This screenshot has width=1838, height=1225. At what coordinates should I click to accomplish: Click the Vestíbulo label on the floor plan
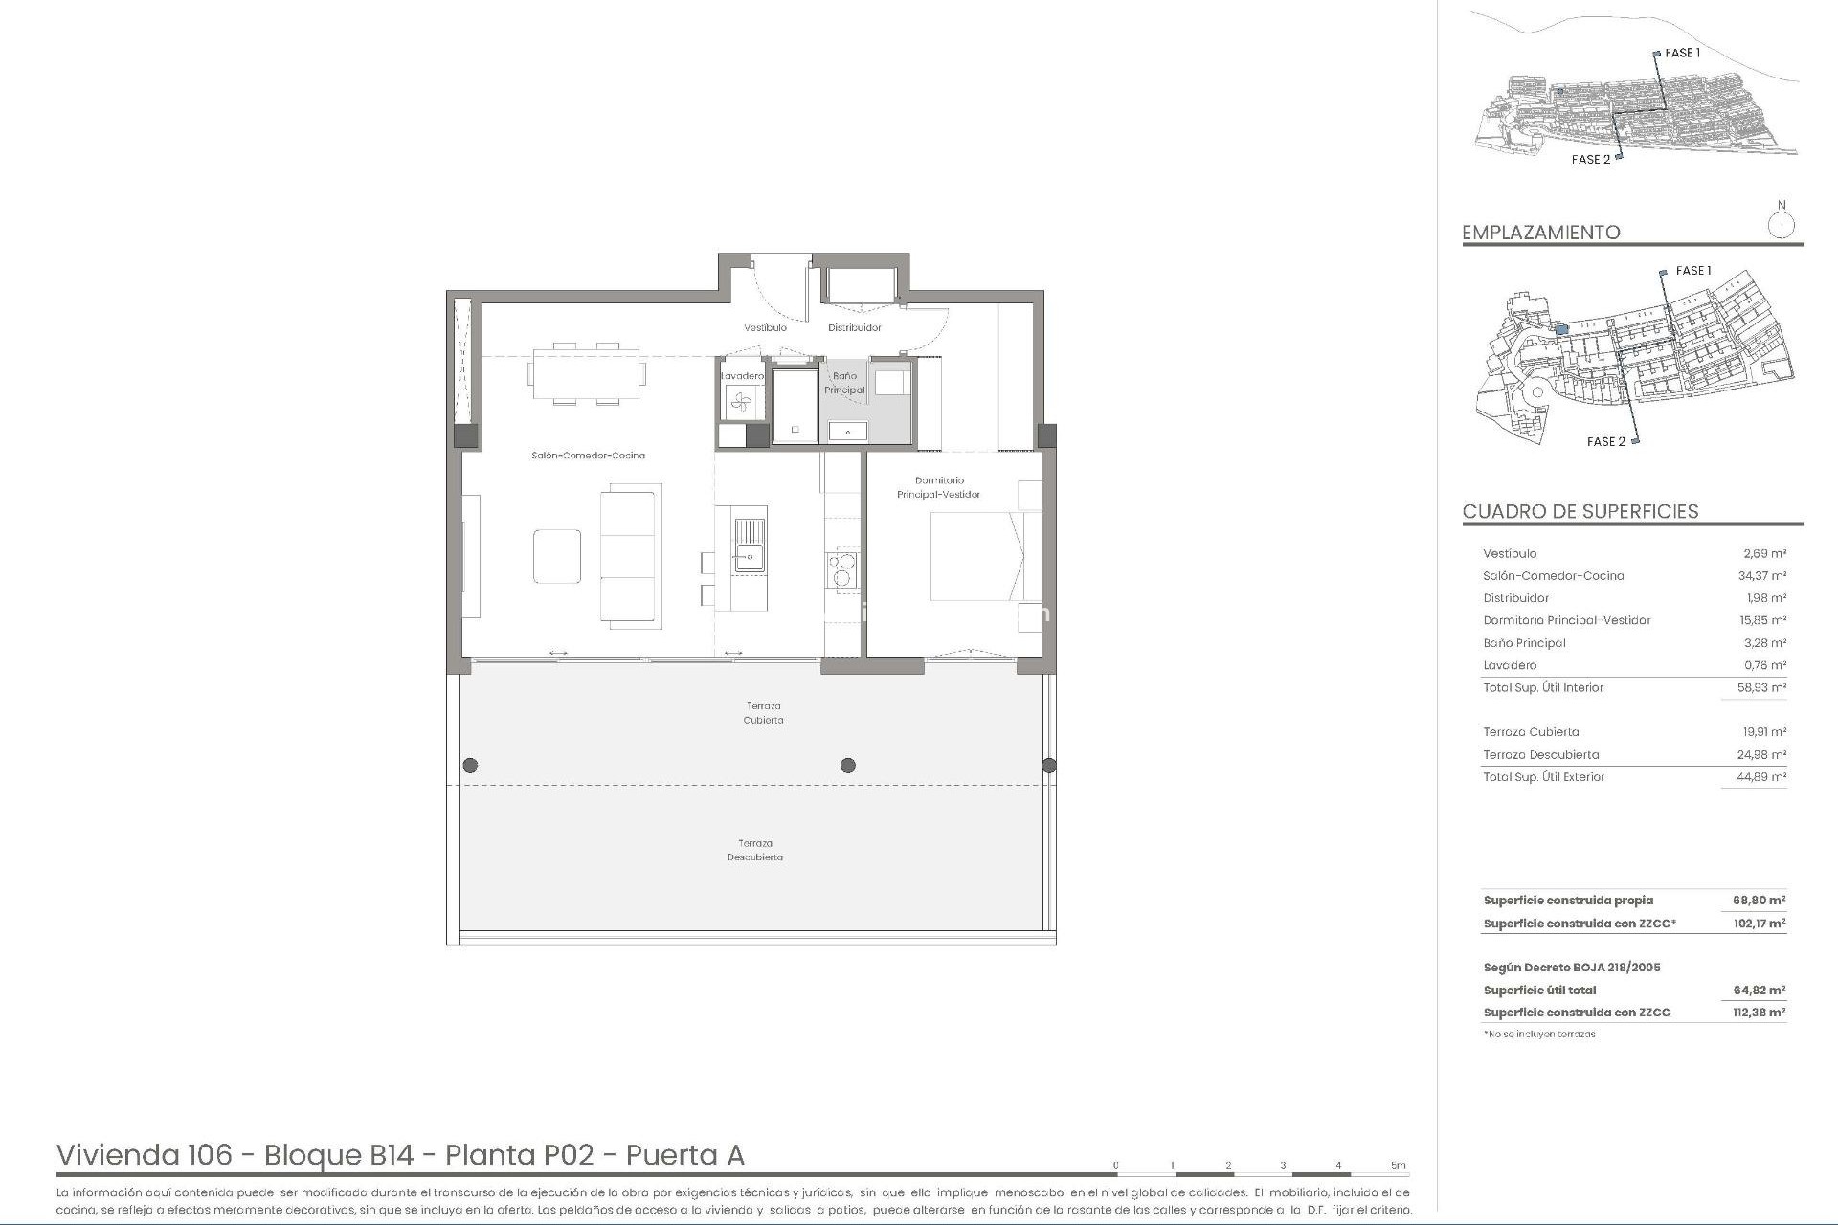tap(765, 328)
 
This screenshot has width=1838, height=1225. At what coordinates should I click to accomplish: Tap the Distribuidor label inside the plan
tap(854, 328)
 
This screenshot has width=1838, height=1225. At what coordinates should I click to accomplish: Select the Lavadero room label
tap(742, 376)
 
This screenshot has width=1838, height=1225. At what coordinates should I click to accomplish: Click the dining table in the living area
tap(585, 374)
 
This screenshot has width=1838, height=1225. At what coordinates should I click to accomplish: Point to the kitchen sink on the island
tap(750, 545)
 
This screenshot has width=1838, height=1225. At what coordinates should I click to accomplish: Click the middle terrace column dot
tap(847, 766)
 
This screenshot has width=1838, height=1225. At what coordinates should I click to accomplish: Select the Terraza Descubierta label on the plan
tap(755, 851)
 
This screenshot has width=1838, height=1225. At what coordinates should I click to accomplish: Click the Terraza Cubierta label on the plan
tap(763, 713)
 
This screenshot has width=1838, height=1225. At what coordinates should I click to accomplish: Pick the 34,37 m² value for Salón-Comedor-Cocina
tap(1761, 576)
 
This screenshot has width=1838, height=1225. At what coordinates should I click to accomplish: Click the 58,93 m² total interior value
tap(1761, 688)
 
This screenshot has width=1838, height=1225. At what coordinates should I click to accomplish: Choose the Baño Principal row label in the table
tap(1524, 643)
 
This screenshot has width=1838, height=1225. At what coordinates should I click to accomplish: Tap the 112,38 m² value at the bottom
tap(1759, 1013)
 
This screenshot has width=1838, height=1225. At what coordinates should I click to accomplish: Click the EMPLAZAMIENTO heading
tap(1540, 233)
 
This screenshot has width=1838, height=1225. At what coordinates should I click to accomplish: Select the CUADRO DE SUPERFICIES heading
tap(1580, 512)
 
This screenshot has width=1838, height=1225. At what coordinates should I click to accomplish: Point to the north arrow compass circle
tap(1781, 227)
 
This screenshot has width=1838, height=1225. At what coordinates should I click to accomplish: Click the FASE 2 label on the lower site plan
tap(1605, 442)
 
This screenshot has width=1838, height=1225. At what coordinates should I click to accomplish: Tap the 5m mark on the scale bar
tap(1399, 1166)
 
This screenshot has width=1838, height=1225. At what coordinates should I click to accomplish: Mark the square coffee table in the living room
tap(557, 556)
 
